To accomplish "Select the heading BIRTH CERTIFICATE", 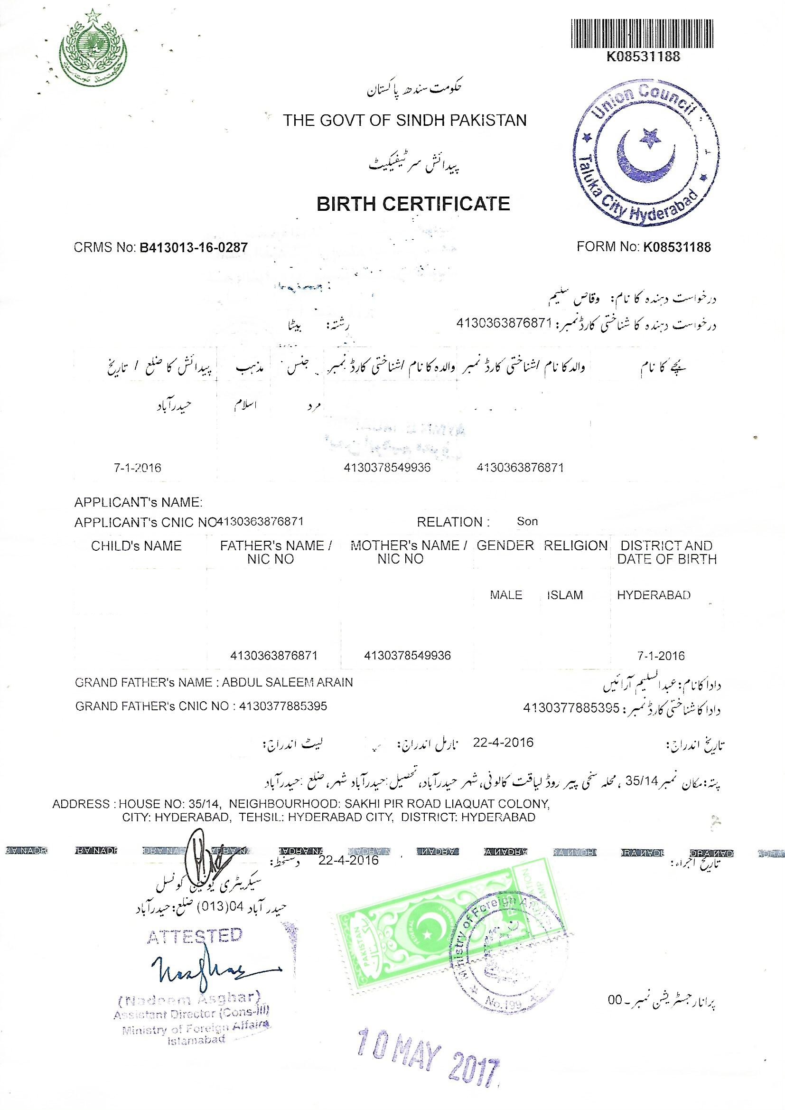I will click(x=413, y=204).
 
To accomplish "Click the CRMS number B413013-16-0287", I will click(x=193, y=248).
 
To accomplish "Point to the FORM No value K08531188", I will click(x=677, y=247).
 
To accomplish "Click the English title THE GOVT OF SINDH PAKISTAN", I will click(x=404, y=120).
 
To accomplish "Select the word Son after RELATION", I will click(x=527, y=522).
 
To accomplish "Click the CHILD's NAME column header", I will click(x=136, y=546).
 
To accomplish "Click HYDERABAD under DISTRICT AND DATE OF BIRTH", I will click(x=654, y=595).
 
